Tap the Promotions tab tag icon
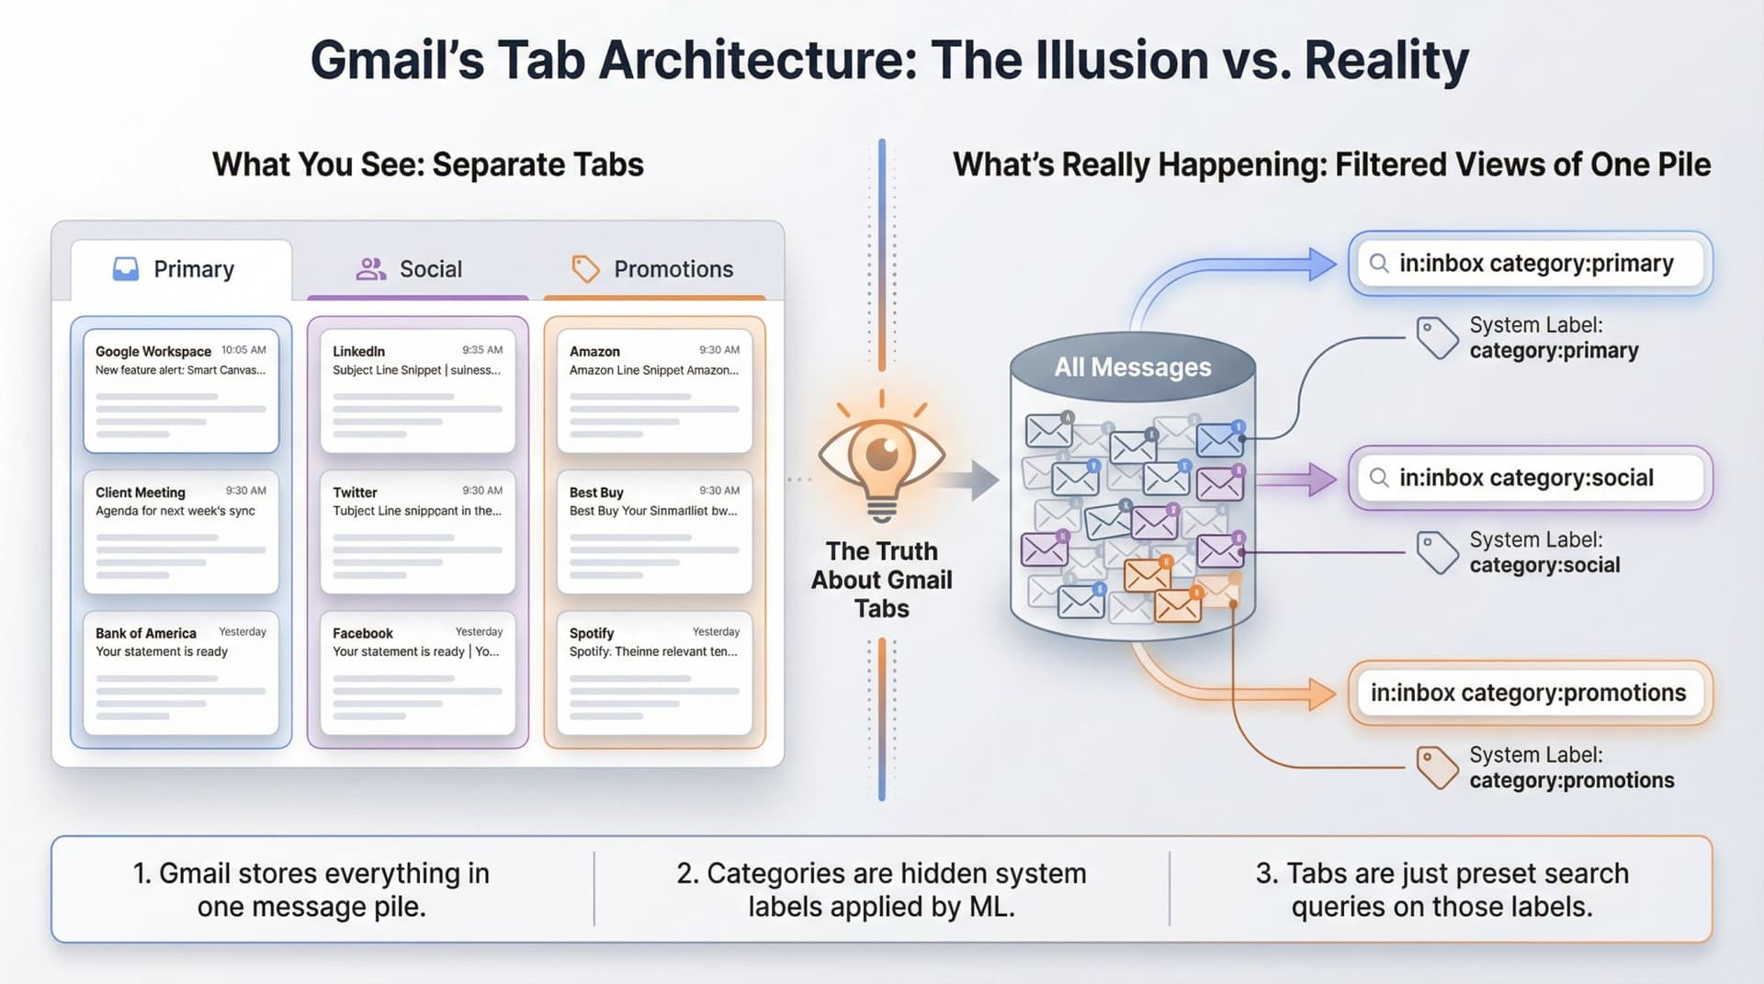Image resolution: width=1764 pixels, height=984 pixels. [x=585, y=269]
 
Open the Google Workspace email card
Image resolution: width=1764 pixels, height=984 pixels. [x=181, y=390]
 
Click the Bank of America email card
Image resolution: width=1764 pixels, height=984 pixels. [x=181, y=673]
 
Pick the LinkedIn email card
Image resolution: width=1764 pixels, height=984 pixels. [x=417, y=390]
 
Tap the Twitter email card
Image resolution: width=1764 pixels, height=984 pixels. [x=417, y=531]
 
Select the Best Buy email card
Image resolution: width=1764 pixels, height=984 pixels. [x=654, y=531]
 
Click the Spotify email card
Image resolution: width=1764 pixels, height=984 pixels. [x=654, y=673]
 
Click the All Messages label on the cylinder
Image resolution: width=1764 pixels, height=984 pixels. [x=1132, y=368]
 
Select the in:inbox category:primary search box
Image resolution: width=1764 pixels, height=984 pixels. [x=1530, y=264]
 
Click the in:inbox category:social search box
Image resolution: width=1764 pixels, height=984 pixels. [x=1530, y=478]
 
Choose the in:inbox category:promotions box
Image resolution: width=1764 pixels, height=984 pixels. [x=1530, y=693]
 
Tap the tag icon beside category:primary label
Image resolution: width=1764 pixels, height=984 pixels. [x=1436, y=338]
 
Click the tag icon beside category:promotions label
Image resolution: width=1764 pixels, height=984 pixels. [x=1436, y=767]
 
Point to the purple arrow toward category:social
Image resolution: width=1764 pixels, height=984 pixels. [x=1297, y=479]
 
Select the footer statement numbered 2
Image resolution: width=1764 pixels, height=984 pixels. [x=881, y=889]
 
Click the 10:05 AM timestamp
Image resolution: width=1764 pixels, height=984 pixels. [x=243, y=350]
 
